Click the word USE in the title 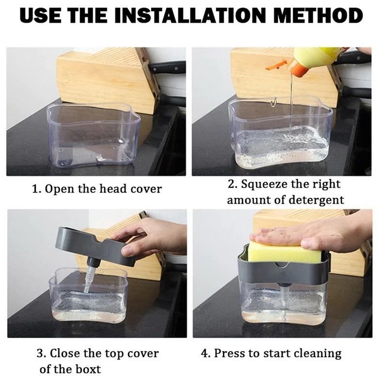(41, 16)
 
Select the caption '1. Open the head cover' (96, 189)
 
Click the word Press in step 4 (230, 353)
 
